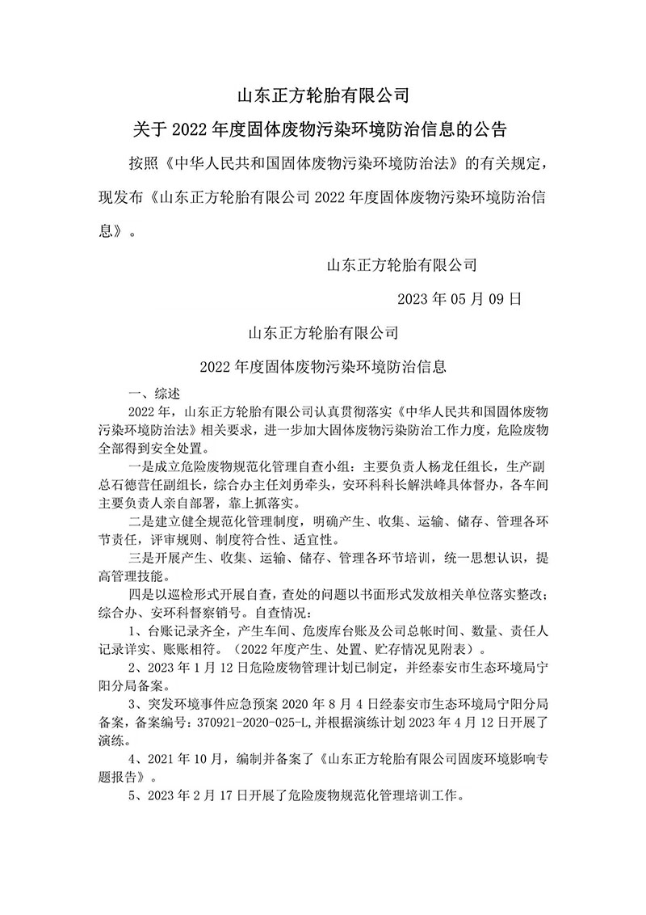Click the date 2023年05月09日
coord(461,297)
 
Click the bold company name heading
coord(323,96)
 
